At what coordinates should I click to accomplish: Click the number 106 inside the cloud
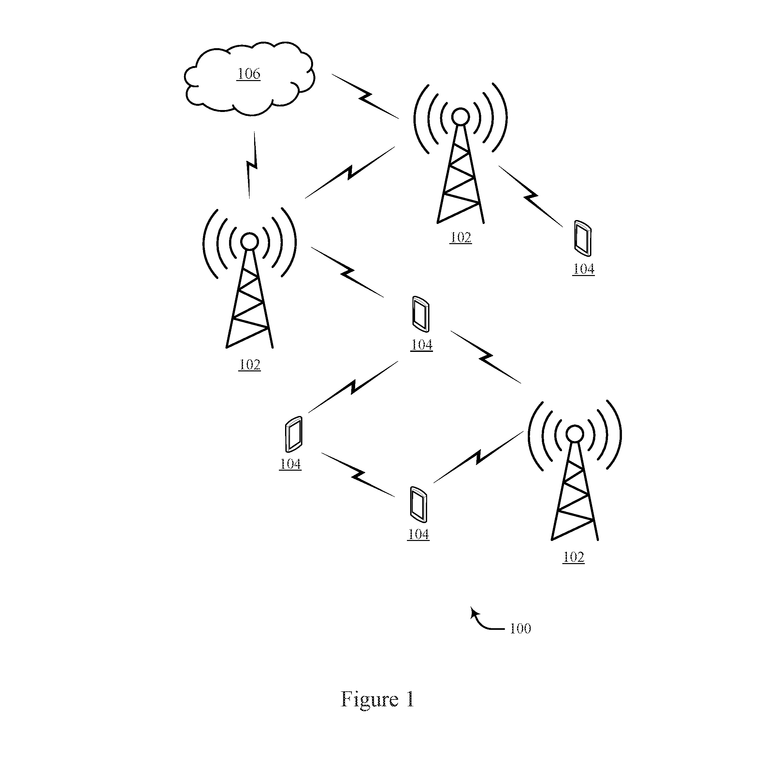tap(249, 74)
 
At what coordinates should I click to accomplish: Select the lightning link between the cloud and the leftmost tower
tap(252, 165)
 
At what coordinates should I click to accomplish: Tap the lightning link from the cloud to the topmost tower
tap(365, 96)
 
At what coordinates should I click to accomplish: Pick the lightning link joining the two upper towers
tap(350, 172)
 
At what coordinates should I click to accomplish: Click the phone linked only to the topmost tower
tap(583, 238)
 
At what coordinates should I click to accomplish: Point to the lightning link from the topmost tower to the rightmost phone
tap(530, 196)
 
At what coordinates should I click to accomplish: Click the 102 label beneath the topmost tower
tap(461, 238)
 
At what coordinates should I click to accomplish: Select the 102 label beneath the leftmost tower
tap(250, 365)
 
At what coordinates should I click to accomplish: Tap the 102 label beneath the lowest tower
tap(573, 557)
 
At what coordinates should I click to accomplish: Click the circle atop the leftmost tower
tap(250, 242)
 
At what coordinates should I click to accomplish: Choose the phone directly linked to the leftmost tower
tap(421, 314)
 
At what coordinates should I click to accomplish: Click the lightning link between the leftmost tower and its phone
tap(347, 272)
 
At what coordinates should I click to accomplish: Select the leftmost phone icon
tap(294, 434)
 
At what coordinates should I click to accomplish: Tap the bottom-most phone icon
tap(418, 504)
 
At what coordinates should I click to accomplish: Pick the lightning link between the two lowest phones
tap(358, 475)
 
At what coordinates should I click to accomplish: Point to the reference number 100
tap(520, 629)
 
